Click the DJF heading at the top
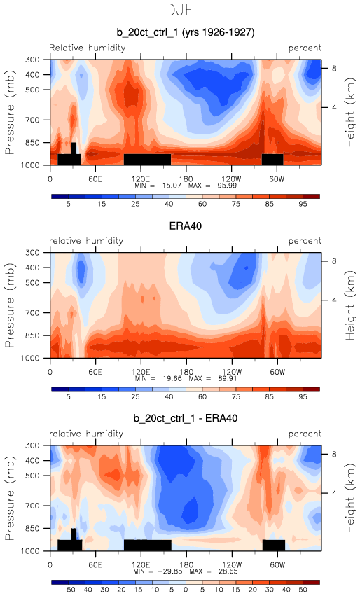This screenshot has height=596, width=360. click(180, 10)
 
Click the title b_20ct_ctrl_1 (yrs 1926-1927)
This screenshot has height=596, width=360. click(186, 32)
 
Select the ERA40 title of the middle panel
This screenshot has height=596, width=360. click(185, 226)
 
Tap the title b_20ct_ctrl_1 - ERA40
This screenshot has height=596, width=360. click(186, 419)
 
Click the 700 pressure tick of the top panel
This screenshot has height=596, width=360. click(32, 120)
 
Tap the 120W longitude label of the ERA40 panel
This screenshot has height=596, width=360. click(232, 372)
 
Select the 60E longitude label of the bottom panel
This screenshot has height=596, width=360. click(95, 564)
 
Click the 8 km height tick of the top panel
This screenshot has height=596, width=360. click(334, 69)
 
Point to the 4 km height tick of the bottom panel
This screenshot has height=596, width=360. click(334, 493)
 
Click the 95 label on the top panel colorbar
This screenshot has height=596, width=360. click(303, 204)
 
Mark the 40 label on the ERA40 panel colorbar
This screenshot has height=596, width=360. click(169, 397)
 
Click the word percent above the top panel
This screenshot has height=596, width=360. click(305, 48)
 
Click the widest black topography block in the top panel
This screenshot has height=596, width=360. click(148, 159)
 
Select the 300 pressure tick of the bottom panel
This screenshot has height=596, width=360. click(32, 445)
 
